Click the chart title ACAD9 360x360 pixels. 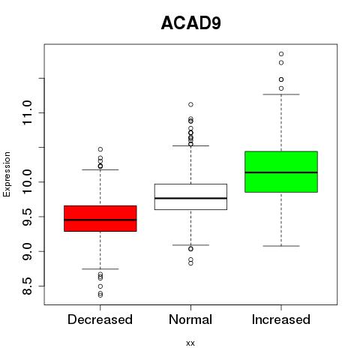pyautogui.click(x=191, y=23)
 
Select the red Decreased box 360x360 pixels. pyautogui.click(x=100, y=218)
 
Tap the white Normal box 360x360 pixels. pyautogui.click(x=190, y=196)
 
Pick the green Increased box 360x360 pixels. pyautogui.click(x=281, y=172)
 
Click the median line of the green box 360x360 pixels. pyautogui.click(x=281, y=172)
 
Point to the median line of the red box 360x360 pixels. pyautogui.click(x=100, y=220)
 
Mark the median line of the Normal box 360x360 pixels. pyautogui.click(x=190, y=198)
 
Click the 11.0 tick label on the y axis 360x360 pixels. pyautogui.click(x=27, y=112)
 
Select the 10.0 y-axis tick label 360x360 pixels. pyautogui.click(x=27, y=181)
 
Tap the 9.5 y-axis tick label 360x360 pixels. pyautogui.click(x=27, y=217)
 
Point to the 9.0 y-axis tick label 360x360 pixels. pyautogui.click(x=27, y=251)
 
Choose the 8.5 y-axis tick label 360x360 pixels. pyautogui.click(x=27, y=286)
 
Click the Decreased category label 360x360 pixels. pyautogui.click(x=100, y=319)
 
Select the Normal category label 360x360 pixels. pyautogui.click(x=190, y=319)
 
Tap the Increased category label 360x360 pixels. pyautogui.click(x=281, y=319)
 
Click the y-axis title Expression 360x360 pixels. pyautogui.click(x=7, y=174)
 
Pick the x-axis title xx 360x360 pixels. pyautogui.click(x=190, y=343)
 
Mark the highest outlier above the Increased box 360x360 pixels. pyautogui.click(x=281, y=54)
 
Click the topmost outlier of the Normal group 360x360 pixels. pyautogui.click(x=190, y=104)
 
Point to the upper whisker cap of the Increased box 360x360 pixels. pyautogui.click(x=281, y=94)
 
